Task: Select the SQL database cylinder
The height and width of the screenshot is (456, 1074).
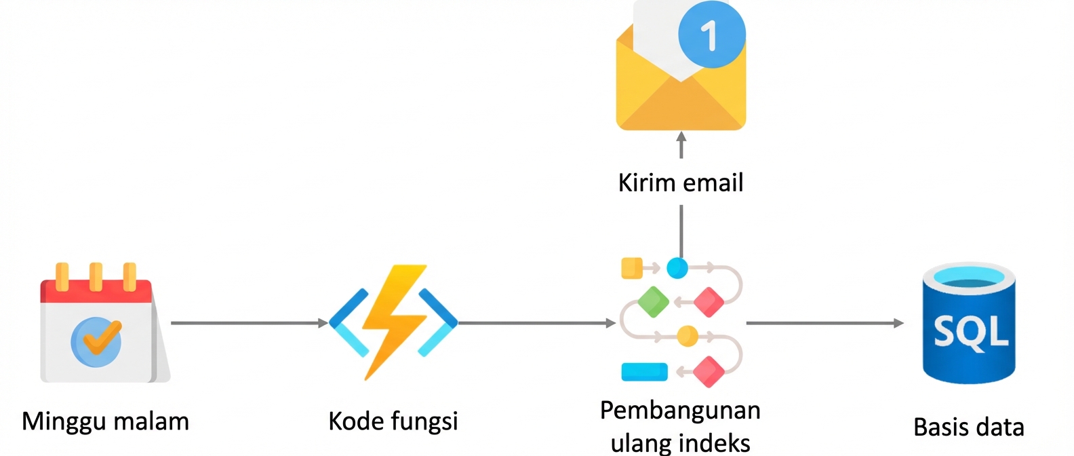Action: click(968, 324)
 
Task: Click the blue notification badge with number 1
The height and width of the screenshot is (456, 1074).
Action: click(711, 34)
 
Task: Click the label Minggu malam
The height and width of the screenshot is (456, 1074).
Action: click(105, 421)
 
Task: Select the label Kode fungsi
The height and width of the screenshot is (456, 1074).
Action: click(393, 421)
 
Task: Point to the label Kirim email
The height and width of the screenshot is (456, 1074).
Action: click(680, 183)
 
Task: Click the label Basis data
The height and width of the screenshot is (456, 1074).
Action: click(968, 427)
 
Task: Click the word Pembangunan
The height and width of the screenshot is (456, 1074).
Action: click(680, 411)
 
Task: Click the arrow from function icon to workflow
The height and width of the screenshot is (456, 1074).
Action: click(536, 323)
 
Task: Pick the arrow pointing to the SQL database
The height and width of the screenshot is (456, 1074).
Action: click(824, 323)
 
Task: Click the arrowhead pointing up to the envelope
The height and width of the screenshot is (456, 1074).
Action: click(681, 137)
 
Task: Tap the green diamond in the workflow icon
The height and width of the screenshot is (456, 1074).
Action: click(653, 302)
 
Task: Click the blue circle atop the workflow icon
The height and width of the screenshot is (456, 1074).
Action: click(677, 268)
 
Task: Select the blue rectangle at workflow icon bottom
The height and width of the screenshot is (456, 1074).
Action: click(644, 372)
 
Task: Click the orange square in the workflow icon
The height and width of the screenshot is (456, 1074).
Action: click(631, 268)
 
